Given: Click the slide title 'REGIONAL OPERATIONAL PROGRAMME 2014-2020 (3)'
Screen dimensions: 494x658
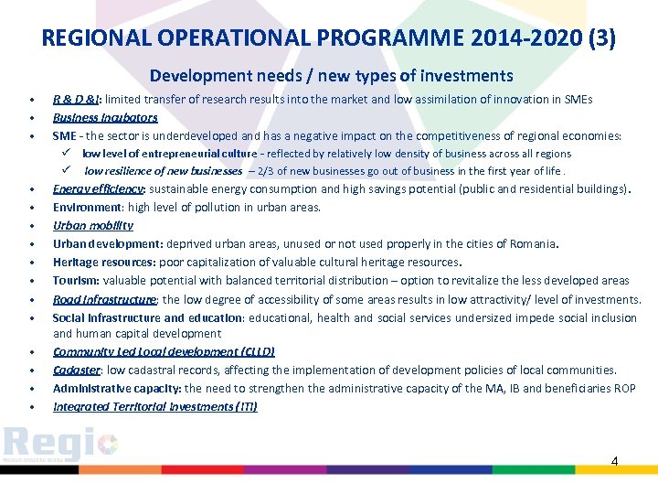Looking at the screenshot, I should tap(329, 38).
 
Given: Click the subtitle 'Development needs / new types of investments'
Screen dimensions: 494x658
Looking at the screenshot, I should tap(331, 76).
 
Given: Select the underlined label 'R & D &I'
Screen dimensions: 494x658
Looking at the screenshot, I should tap(78, 99).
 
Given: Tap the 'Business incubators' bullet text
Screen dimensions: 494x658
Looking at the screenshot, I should tap(105, 117).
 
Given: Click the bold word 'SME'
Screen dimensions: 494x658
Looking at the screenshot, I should tap(64, 135).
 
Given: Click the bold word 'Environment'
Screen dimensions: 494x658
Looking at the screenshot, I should tap(87, 208).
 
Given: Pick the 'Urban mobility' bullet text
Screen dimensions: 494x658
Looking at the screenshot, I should tap(92, 225).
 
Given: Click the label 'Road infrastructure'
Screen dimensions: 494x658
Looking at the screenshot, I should tap(104, 299).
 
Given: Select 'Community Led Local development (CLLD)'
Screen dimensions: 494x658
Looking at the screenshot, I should tap(164, 351).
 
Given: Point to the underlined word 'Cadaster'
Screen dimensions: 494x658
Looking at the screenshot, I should tap(76, 370).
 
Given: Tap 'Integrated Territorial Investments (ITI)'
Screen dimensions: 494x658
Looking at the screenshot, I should tap(154, 406).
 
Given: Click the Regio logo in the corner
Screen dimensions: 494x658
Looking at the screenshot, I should tap(59, 446).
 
